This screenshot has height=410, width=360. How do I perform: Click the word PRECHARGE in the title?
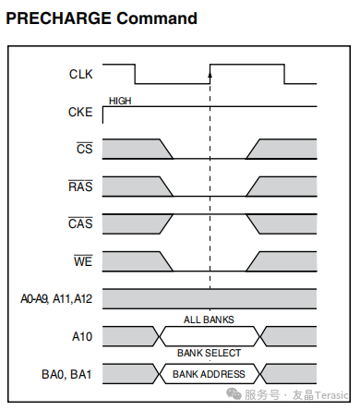point(58,18)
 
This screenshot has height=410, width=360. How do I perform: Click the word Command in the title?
point(157,18)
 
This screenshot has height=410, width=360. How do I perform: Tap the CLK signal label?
point(80,74)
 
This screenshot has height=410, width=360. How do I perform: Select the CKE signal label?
point(80,112)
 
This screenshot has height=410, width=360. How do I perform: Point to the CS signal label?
point(84,149)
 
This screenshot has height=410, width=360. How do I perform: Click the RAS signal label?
point(80,187)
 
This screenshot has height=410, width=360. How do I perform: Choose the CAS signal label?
point(80,223)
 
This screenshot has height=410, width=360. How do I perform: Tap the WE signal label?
point(83,261)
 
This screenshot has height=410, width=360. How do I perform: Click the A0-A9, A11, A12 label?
point(56,299)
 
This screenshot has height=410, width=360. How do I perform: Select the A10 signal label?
point(82,336)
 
